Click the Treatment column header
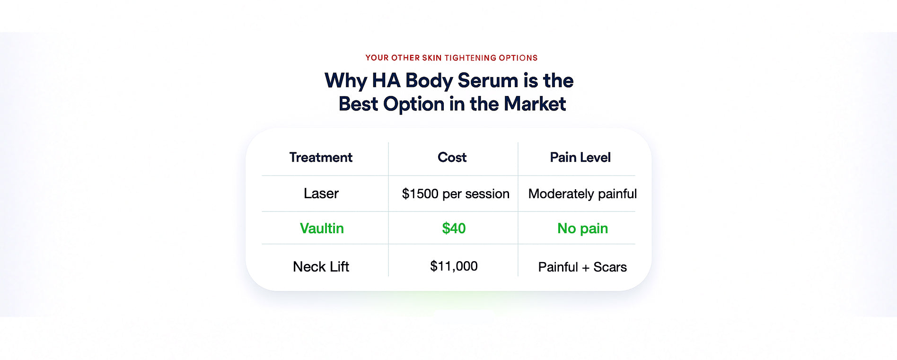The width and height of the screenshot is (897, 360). [321, 158]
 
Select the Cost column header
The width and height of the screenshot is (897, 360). [452, 158]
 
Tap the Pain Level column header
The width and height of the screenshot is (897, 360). [580, 158]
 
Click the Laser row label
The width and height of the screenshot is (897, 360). [321, 193]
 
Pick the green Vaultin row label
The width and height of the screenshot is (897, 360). [322, 228]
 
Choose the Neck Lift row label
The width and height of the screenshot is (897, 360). [321, 267]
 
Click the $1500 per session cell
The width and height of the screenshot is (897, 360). [456, 194]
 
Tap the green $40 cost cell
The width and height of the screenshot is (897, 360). [454, 228]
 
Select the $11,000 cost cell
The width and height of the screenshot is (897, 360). [454, 266]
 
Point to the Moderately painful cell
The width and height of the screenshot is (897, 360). [582, 194]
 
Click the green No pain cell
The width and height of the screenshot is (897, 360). [582, 229]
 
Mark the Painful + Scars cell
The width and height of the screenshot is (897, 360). [582, 267]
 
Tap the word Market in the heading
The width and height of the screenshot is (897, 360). [535, 104]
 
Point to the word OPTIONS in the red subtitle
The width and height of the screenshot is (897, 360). [518, 58]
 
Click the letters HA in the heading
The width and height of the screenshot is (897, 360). [386, 81]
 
